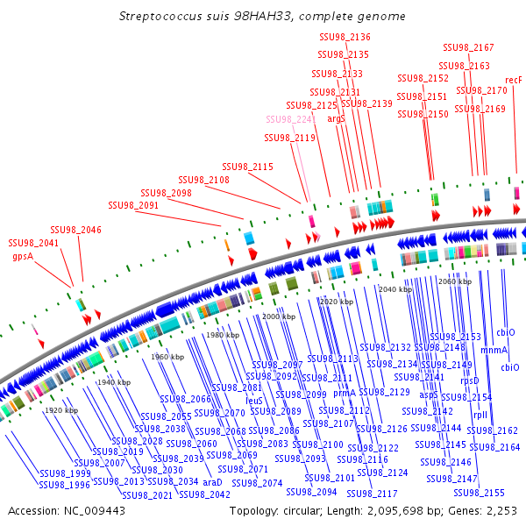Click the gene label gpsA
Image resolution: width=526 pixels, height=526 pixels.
click(x=23, y=257)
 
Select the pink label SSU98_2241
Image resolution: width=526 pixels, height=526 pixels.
click(x=291, y=119)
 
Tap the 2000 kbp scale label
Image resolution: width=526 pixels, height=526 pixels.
click(x=278, y=316)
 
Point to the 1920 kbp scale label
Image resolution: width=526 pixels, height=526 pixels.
click(x=61, y=410)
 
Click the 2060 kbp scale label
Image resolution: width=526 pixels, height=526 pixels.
click(x=454, y=281)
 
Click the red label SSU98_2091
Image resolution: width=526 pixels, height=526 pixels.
click(x=133, y=205)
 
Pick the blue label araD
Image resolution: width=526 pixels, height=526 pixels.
click(x=213, y=482)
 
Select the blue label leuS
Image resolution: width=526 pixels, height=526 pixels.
click(x=254, y=400)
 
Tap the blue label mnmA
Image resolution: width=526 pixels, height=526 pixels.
click(x=494, y=349)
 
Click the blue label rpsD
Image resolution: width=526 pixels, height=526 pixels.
click(x=470, y=380)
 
